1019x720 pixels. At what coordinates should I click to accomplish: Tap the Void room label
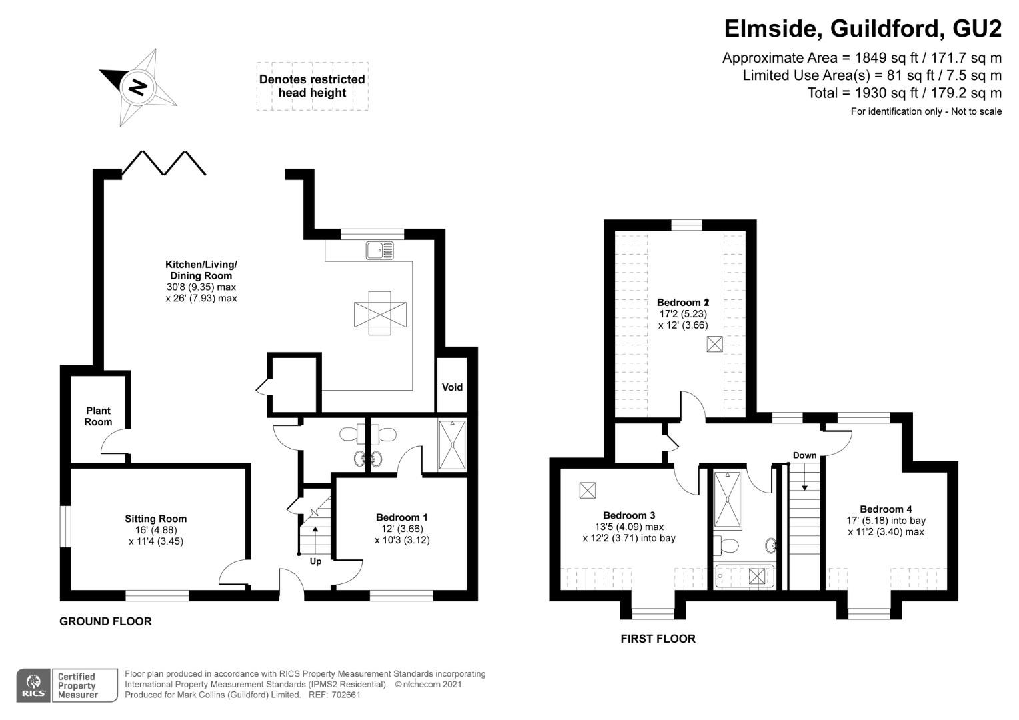click(x=452, y=387)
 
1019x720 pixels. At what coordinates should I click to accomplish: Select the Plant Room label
click(x=98, y=416)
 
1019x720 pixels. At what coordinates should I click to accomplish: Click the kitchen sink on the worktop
click(x=379, y=250)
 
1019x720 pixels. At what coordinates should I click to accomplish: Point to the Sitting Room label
click(x=156, y=519)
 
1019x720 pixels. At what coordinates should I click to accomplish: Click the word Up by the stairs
click(x=315, y=561)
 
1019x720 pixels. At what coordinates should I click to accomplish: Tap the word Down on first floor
click(x=805, y=455)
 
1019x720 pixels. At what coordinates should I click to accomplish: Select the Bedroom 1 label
click(x=401, y=517)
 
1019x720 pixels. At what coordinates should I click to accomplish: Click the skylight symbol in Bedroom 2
click(x=714, y=344)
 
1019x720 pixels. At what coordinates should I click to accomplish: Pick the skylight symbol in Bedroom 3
click(x=588, y=490)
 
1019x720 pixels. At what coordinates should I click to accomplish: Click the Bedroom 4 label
click(x=886, y=509)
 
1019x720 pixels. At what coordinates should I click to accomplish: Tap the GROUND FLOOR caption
click(x=105, y=621)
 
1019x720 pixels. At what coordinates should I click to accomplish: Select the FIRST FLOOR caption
click(x=658, y=639)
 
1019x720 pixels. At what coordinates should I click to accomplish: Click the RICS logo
click(x=33, y=685)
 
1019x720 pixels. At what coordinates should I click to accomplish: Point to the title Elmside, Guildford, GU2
click(x=862, y=29)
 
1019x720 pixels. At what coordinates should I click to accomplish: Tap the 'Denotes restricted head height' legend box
click(x=313, y=86)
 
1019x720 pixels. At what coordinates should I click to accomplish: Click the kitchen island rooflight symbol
click(x=380, y=313)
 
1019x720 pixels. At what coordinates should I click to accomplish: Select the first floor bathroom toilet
click(x=726, y=545)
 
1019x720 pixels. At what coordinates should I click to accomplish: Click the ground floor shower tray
click(x=453, y=445)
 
